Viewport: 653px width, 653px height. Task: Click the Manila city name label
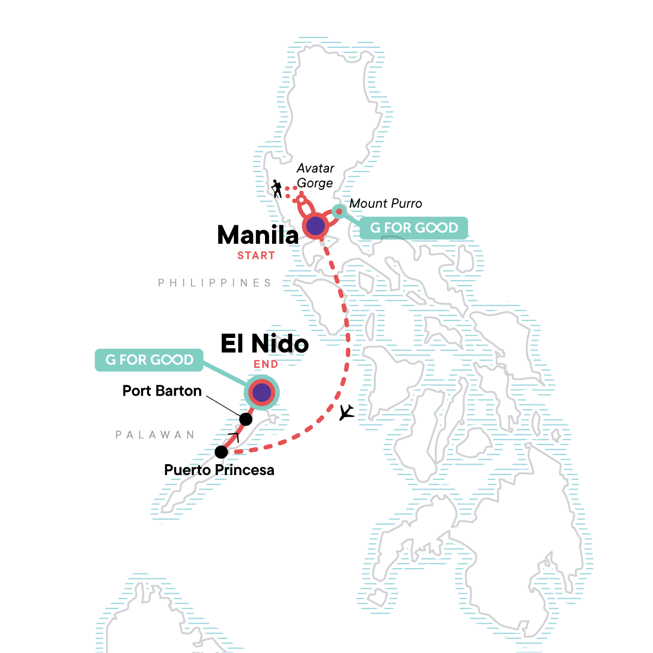point(257,235)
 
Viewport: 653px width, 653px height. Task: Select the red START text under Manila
point(256,255)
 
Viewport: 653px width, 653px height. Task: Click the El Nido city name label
point(264,344)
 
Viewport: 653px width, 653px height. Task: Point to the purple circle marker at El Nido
point(262,392)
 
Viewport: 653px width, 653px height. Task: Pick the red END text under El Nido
point(266,364)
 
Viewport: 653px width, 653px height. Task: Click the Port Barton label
point(162,391)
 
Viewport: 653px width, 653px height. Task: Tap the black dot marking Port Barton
point(246,419)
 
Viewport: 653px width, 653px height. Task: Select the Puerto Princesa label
point(219,470)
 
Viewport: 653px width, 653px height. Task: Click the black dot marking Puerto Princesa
point(221,452)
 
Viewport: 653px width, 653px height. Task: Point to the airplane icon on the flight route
point(346,412)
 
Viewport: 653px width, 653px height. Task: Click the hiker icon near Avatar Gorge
point(277,189)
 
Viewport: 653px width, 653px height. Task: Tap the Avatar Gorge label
point(315,176)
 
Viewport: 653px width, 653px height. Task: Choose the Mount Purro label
point(385,204)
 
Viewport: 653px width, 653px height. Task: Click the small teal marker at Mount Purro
point(338,211)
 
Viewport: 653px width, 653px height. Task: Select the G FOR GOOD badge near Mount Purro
point(414,228)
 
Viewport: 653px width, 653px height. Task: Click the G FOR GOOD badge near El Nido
point(149,360)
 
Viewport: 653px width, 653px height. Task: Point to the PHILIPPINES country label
point(215,283)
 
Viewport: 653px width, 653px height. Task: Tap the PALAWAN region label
point(155,435)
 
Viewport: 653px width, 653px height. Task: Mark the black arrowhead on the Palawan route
point(235,436)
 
